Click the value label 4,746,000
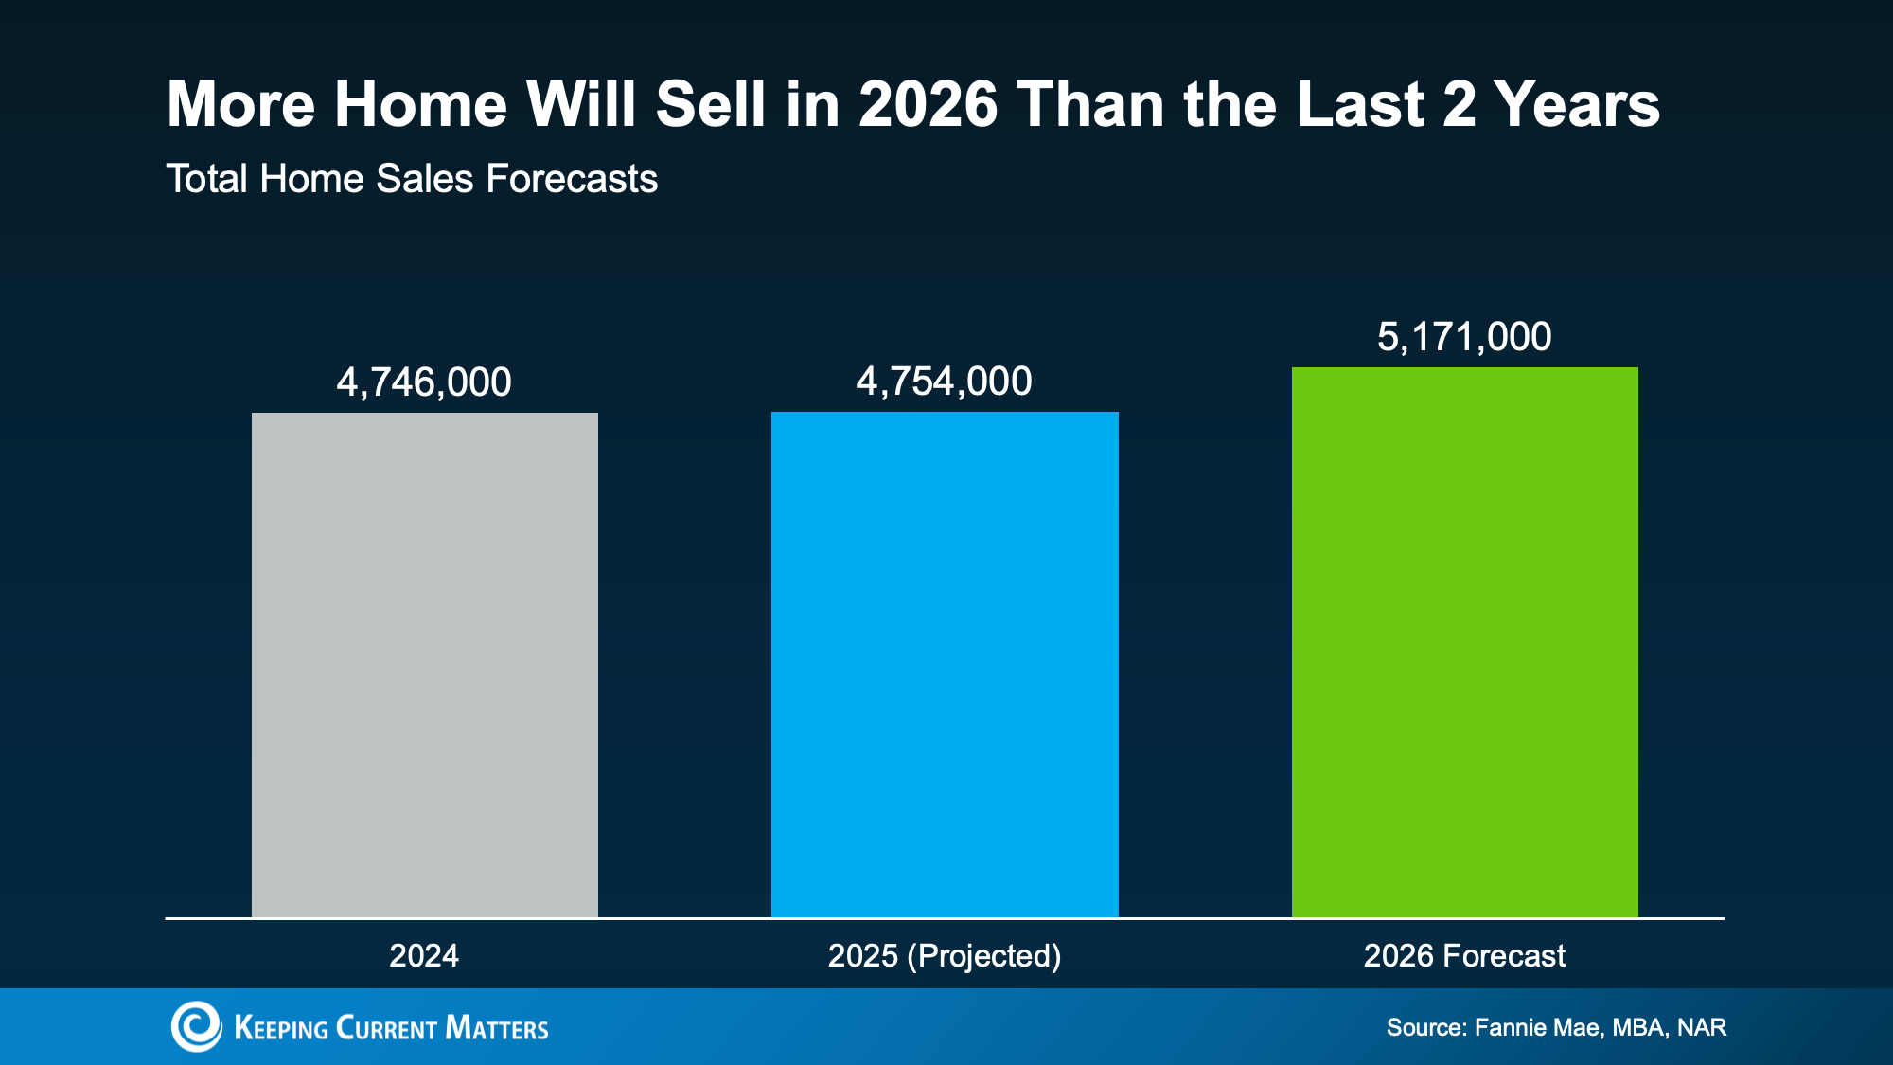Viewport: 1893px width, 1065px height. click(424, 382)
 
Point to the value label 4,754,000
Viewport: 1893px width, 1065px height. click(944, 382)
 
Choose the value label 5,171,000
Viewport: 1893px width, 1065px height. click(1464, 337)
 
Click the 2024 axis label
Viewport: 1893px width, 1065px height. click(424, 955)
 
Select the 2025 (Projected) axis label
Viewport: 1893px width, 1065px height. click(945, 955)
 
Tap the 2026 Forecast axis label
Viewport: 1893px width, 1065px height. click(1464, 955)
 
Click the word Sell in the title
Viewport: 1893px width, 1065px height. click(710, 104)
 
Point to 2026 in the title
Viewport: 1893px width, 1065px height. click(928, 104)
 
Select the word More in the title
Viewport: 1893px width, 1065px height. click(240, 104)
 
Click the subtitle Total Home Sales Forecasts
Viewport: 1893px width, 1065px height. click(412, 179)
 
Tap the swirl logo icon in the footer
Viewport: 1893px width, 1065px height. click(196, 1026)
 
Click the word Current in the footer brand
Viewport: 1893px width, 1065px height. click(386, 1028)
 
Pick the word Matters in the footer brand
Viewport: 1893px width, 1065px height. click(496, 1028)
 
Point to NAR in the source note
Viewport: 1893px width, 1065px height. click(1702, 1027)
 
